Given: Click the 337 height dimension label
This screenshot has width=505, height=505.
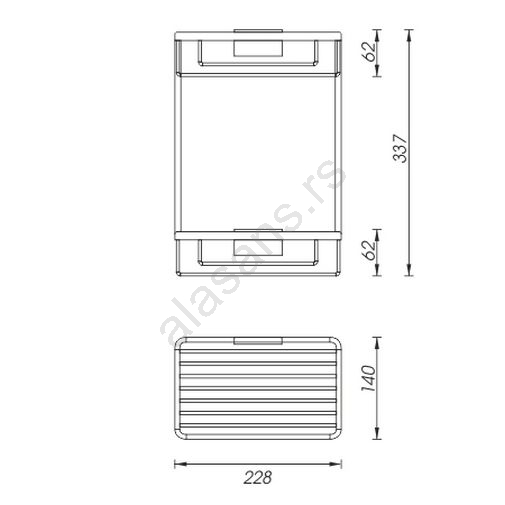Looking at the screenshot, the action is tap(400, 149).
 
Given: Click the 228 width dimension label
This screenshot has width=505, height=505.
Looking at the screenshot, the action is tap(258, 477).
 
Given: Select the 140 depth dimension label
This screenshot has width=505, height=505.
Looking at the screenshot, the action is tap(368, 378).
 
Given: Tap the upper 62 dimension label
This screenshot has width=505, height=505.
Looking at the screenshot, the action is tap(369, 51).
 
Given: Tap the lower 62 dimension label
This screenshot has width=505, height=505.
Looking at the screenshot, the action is tap(369, 250).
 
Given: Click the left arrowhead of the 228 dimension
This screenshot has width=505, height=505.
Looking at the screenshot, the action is tap(180, 464).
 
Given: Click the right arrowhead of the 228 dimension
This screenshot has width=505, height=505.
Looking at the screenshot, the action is tap(335, 464).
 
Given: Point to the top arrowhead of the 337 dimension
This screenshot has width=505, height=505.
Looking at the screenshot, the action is tap(409, 35).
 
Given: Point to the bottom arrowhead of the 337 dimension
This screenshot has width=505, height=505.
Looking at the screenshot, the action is tap(409, 270).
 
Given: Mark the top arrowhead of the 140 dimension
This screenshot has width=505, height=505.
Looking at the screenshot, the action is tap(377, 343).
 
